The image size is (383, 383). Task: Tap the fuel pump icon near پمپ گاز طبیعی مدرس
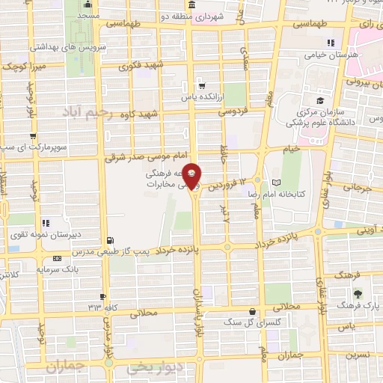tap(111, 240)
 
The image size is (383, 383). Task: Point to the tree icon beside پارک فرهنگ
tap(357, 293)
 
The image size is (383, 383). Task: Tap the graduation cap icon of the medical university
tap(321, 100)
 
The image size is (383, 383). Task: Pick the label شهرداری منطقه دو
tap(218, 16)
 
